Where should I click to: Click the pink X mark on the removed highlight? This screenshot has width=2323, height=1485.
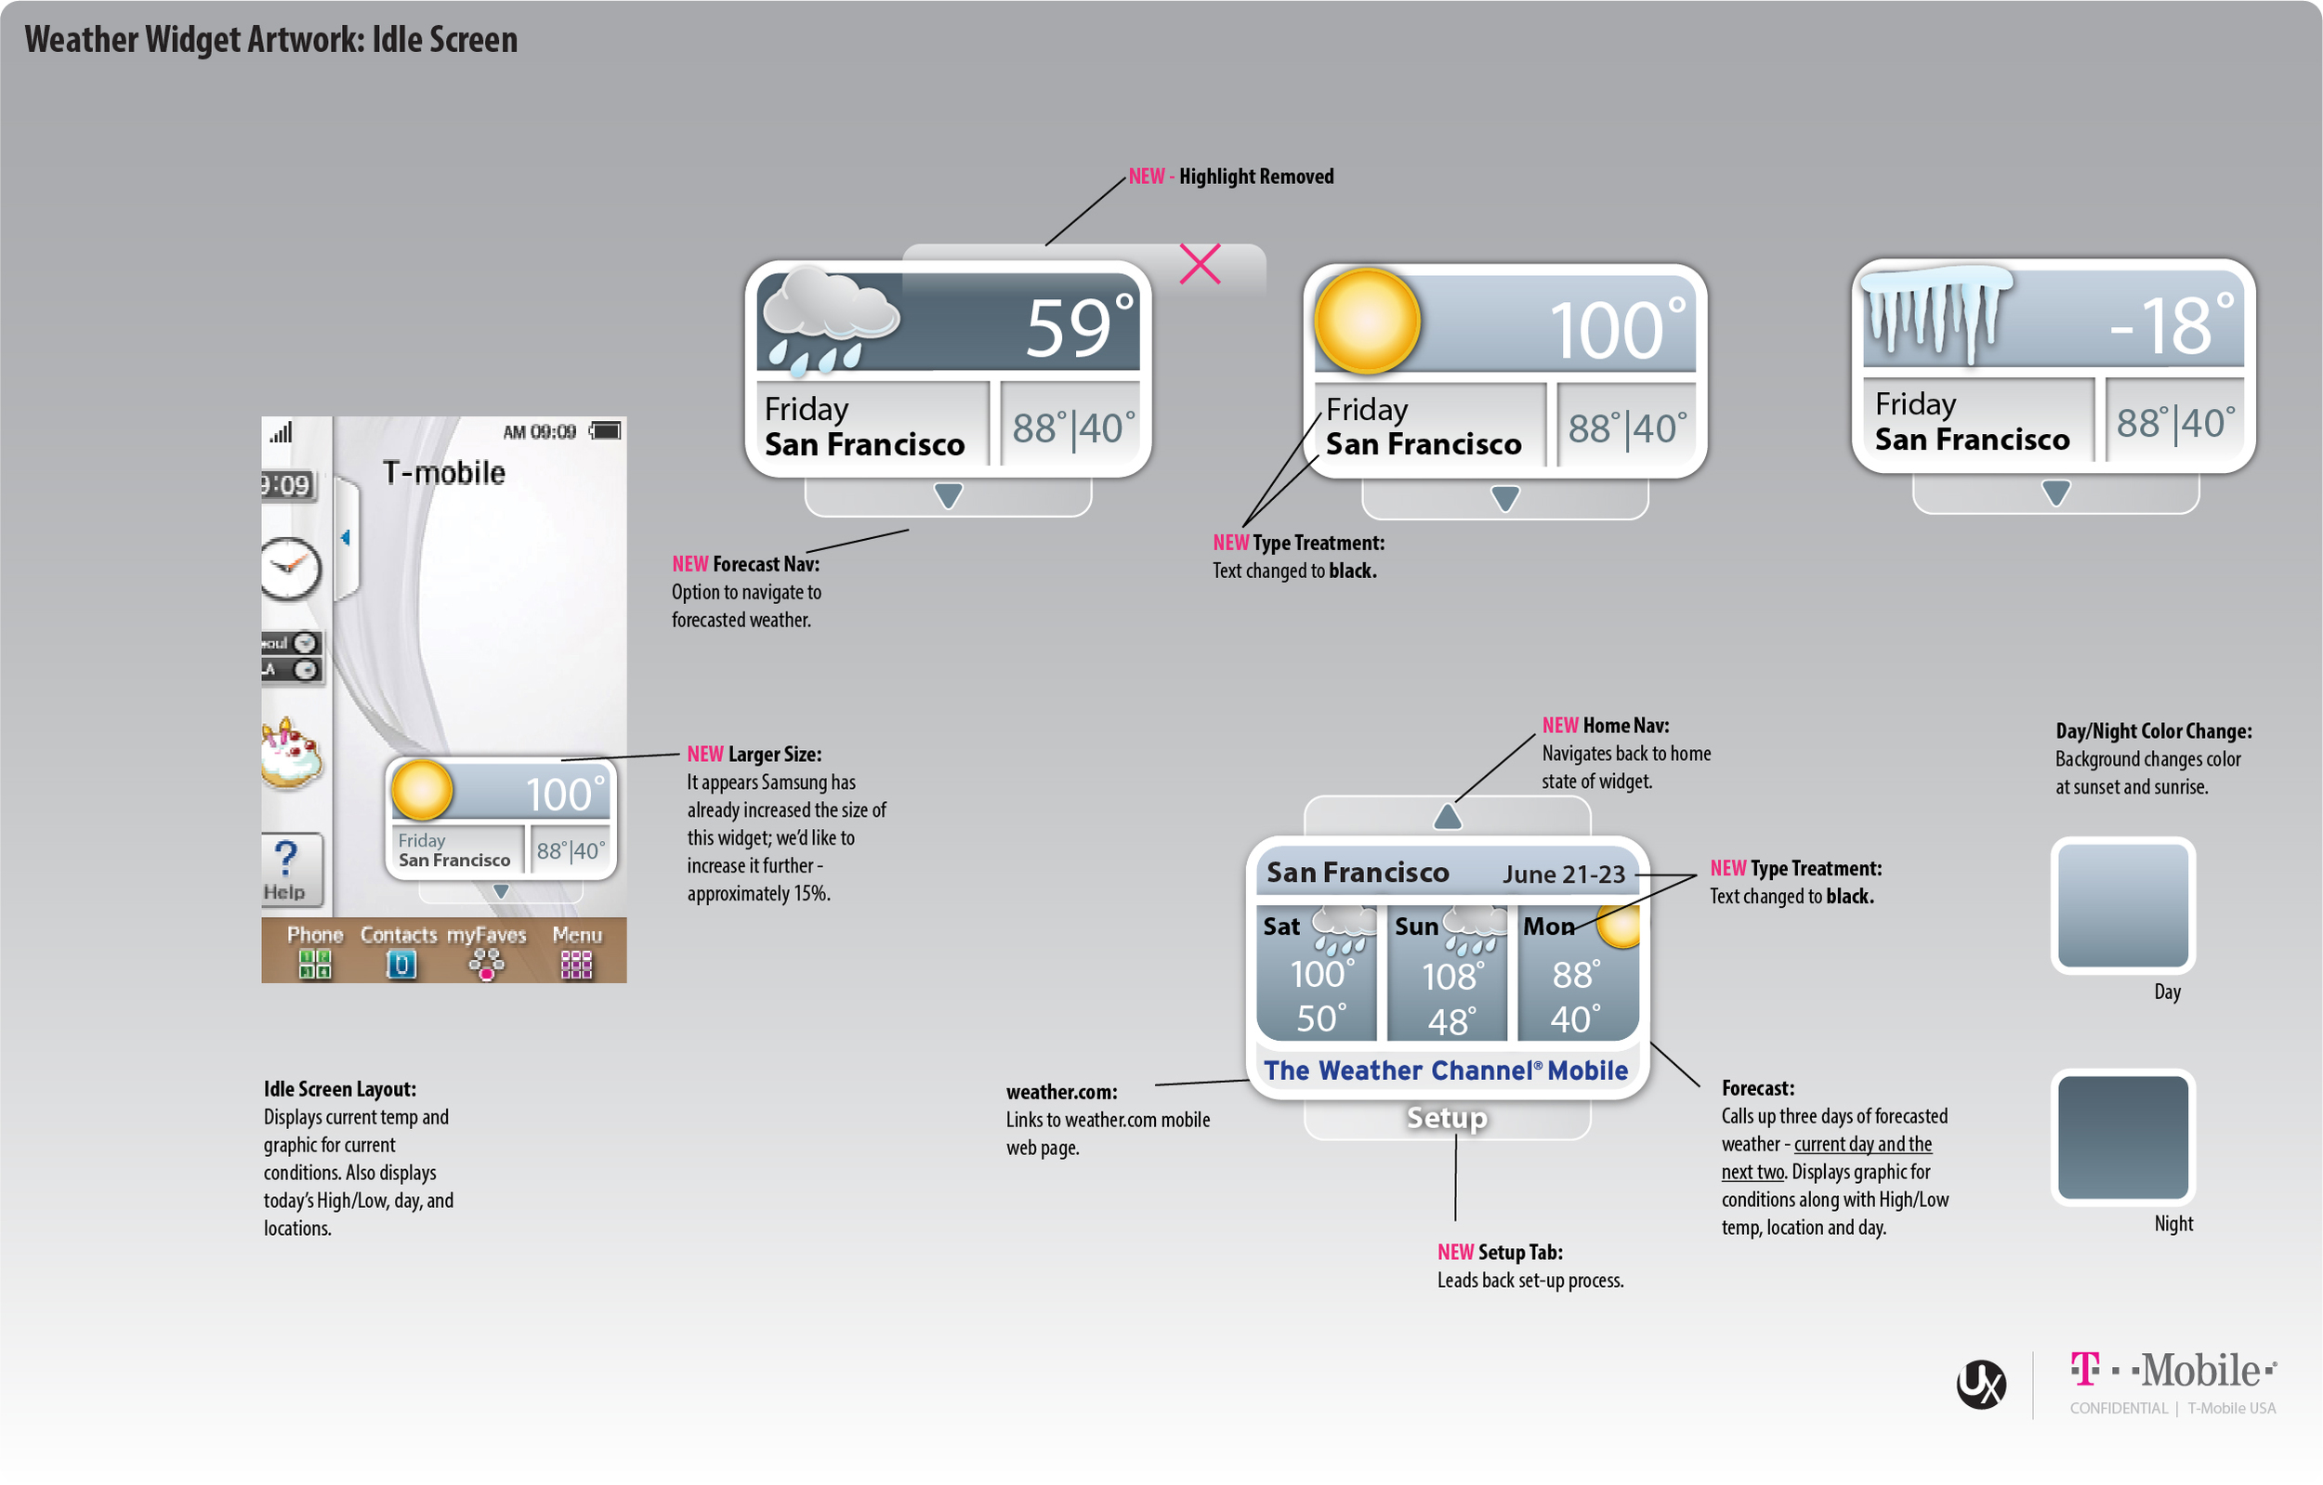(1201, 263)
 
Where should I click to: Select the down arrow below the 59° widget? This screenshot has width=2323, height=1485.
(949, 496)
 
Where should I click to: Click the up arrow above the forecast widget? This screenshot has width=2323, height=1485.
(1447, 816)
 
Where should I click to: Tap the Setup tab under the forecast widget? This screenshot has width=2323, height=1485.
(1447, 1117)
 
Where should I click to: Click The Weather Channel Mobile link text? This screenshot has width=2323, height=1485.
(1446, 1071)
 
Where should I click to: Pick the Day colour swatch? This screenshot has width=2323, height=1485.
(2122, 905)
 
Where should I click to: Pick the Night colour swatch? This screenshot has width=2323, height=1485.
(2122, 1137)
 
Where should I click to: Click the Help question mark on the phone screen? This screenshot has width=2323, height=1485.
(285, 856)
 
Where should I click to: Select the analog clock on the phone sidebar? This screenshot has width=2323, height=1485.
(289, 569)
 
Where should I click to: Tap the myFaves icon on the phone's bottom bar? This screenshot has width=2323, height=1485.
(486, 964)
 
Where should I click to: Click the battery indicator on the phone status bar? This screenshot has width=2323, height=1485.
(606, 430)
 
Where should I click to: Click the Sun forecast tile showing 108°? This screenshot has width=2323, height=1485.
(1447, 973)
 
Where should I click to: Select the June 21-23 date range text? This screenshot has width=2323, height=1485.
(1564, 874)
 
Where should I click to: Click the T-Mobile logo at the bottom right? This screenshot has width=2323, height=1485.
(2172, 1370)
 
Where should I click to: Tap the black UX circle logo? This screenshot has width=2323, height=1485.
(1981, 1384)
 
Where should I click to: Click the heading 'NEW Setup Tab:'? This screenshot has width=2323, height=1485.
(1500, 1253)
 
